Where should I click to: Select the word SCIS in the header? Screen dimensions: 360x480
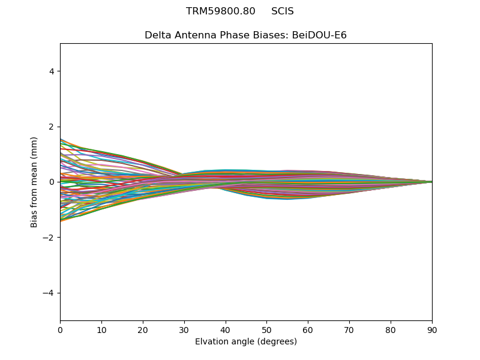(x=283, y=11)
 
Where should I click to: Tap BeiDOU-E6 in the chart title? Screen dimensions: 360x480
(x=319, y=35)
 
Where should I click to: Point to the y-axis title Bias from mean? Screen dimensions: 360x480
(x=34, y=182)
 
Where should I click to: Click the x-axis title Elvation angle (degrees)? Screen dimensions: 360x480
(x=246, y=342)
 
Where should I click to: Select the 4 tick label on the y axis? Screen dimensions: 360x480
(x=52, y=71)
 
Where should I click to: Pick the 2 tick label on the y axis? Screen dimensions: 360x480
(x=52, y=127)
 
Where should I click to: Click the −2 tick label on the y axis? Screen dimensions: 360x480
(x=49, y=238)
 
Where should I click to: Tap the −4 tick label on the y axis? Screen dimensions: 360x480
(x=49, y=293)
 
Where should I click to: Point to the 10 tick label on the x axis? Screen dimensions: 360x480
(x=101, y=329)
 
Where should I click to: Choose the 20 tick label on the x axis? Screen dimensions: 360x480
(x=143, y=329)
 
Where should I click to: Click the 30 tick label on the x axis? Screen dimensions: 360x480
(x=184, y=329)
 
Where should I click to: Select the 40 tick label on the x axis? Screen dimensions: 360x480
(x=226, y=329)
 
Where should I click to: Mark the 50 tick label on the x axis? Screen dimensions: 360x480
(x=266, y=329)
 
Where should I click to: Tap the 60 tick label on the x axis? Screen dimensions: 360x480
(x=308, y=329)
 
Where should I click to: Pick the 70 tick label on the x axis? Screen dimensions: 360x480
(x=349, y=329)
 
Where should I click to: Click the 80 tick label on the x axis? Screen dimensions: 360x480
(x=391, y=329)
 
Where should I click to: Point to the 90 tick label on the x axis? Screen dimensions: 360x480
(x=432, y=329)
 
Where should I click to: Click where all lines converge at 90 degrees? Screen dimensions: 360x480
(x=431, y=182)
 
